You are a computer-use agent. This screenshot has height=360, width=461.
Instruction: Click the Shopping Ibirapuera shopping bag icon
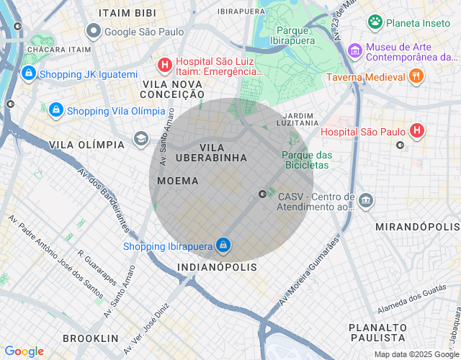[x=223, y=246]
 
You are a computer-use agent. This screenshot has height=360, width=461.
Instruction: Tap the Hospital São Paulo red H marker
[x=416, y=131]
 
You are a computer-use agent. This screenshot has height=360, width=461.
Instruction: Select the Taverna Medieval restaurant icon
[x=416, y=76]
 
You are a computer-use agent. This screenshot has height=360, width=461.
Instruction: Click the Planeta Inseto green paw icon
[x=375, y=22]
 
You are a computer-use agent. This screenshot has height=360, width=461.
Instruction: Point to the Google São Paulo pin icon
[x=93, y=32]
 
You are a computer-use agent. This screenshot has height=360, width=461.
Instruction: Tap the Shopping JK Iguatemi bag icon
[x=28, y=73]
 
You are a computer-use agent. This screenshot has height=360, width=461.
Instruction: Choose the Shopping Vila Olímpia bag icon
[x=55, y=111]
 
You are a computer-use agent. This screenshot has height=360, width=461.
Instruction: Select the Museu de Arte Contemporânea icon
[x=354, y=51]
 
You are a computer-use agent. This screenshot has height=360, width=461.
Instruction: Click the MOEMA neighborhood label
[x=177, y=181]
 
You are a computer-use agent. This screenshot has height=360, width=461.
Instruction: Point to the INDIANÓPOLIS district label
[x=217, y=267]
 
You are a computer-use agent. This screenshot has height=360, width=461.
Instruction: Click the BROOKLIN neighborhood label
[x=90, y=338]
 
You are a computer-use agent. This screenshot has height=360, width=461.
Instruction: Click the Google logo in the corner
[x=24, y=351]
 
